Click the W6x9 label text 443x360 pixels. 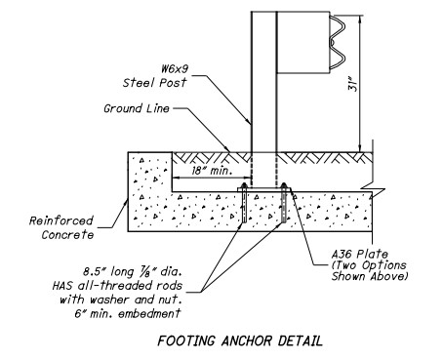pyautogui.click(x=175, y=69)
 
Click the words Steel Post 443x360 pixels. pyautogui.click(x=154, y=83)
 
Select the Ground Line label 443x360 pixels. pyautogui.click(x=137, y=108)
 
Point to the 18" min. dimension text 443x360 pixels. pyautogui.click(x=212, y=171)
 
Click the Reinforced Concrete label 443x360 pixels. pyautogui.click(x=61, y=227)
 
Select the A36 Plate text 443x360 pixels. pyautogui.click(x=360, y=254)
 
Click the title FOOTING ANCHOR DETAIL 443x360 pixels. pyautogui.click(x=240, y=340)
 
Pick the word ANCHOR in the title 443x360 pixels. pyautogui.click(x=247, y=340)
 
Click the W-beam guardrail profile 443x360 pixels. pyautogui.click(x=338, y=42)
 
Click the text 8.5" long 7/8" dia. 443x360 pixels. pyautogui.click(x=132, y=271)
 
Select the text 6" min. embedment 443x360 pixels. pyautogui.click(x=127, y=314)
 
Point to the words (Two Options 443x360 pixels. pyautogui.click(x=369, y=265)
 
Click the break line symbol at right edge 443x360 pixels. pyautogui.click(x=373, y=189)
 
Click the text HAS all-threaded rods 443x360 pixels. pyautogui.click(x=117, y=286)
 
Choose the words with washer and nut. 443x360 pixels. pyautogui.click(x=121, y=300)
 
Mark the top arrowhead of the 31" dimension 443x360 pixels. pyautogui.click(x=360, y=19)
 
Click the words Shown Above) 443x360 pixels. pyautogui.click(x=370, y=276)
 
